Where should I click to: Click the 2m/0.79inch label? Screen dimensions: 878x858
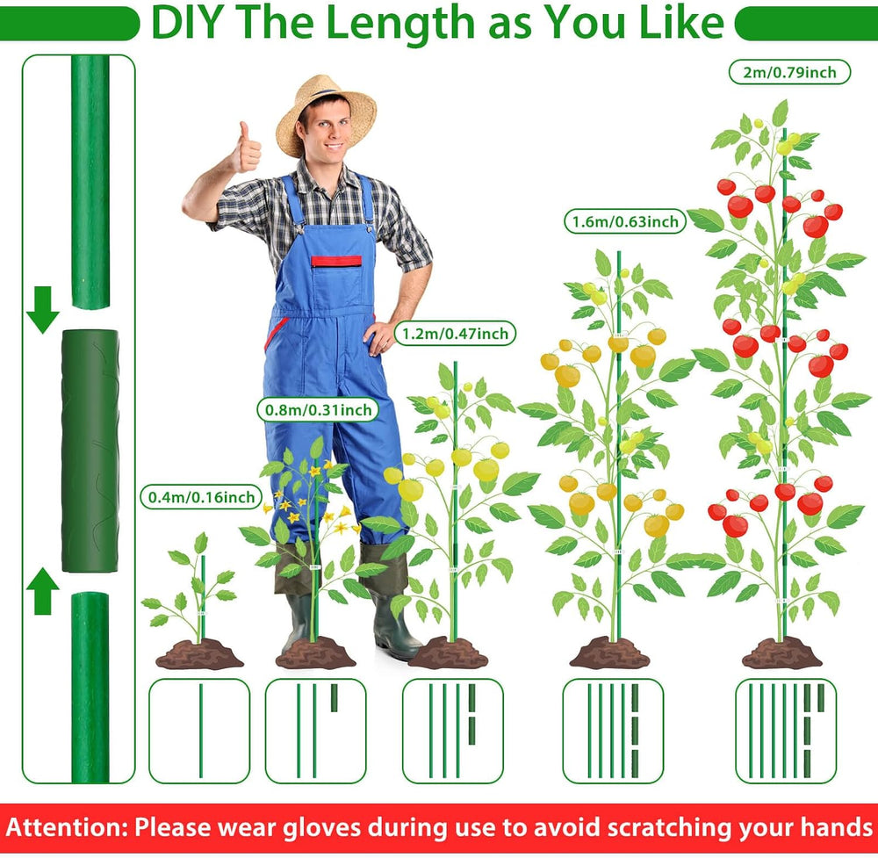789,72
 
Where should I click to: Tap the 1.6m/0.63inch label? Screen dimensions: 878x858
625,221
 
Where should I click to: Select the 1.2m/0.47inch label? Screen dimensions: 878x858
455,333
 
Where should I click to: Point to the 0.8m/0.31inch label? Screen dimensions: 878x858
318,409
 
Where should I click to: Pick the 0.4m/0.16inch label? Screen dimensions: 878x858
201,497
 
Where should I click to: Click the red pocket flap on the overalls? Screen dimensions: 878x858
336,261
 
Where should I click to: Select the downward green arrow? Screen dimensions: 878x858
42,309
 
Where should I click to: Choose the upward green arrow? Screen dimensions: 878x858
42,591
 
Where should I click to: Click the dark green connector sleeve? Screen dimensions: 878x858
90,451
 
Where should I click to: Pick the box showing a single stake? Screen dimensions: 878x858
199,731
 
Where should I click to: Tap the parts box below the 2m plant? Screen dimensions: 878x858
786,731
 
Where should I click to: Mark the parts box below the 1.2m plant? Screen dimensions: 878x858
453,731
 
